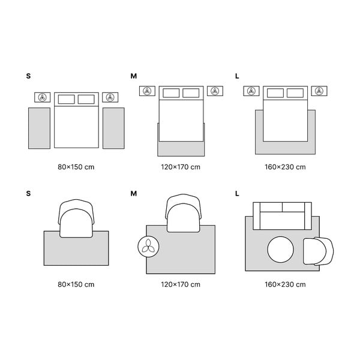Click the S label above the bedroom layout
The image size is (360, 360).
(28, 76)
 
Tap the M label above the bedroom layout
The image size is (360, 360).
(133, 76)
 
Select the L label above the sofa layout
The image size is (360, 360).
(237, 194)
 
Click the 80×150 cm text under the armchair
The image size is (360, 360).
(76, 284)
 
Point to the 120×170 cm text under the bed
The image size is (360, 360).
(181, 167)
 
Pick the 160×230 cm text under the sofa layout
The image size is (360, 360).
(285, 284)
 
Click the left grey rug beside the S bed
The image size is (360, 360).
(39, 128)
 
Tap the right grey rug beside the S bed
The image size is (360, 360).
(113, 128)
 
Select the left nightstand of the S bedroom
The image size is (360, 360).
(42, 97)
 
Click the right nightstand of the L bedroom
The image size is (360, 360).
(319, 91)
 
